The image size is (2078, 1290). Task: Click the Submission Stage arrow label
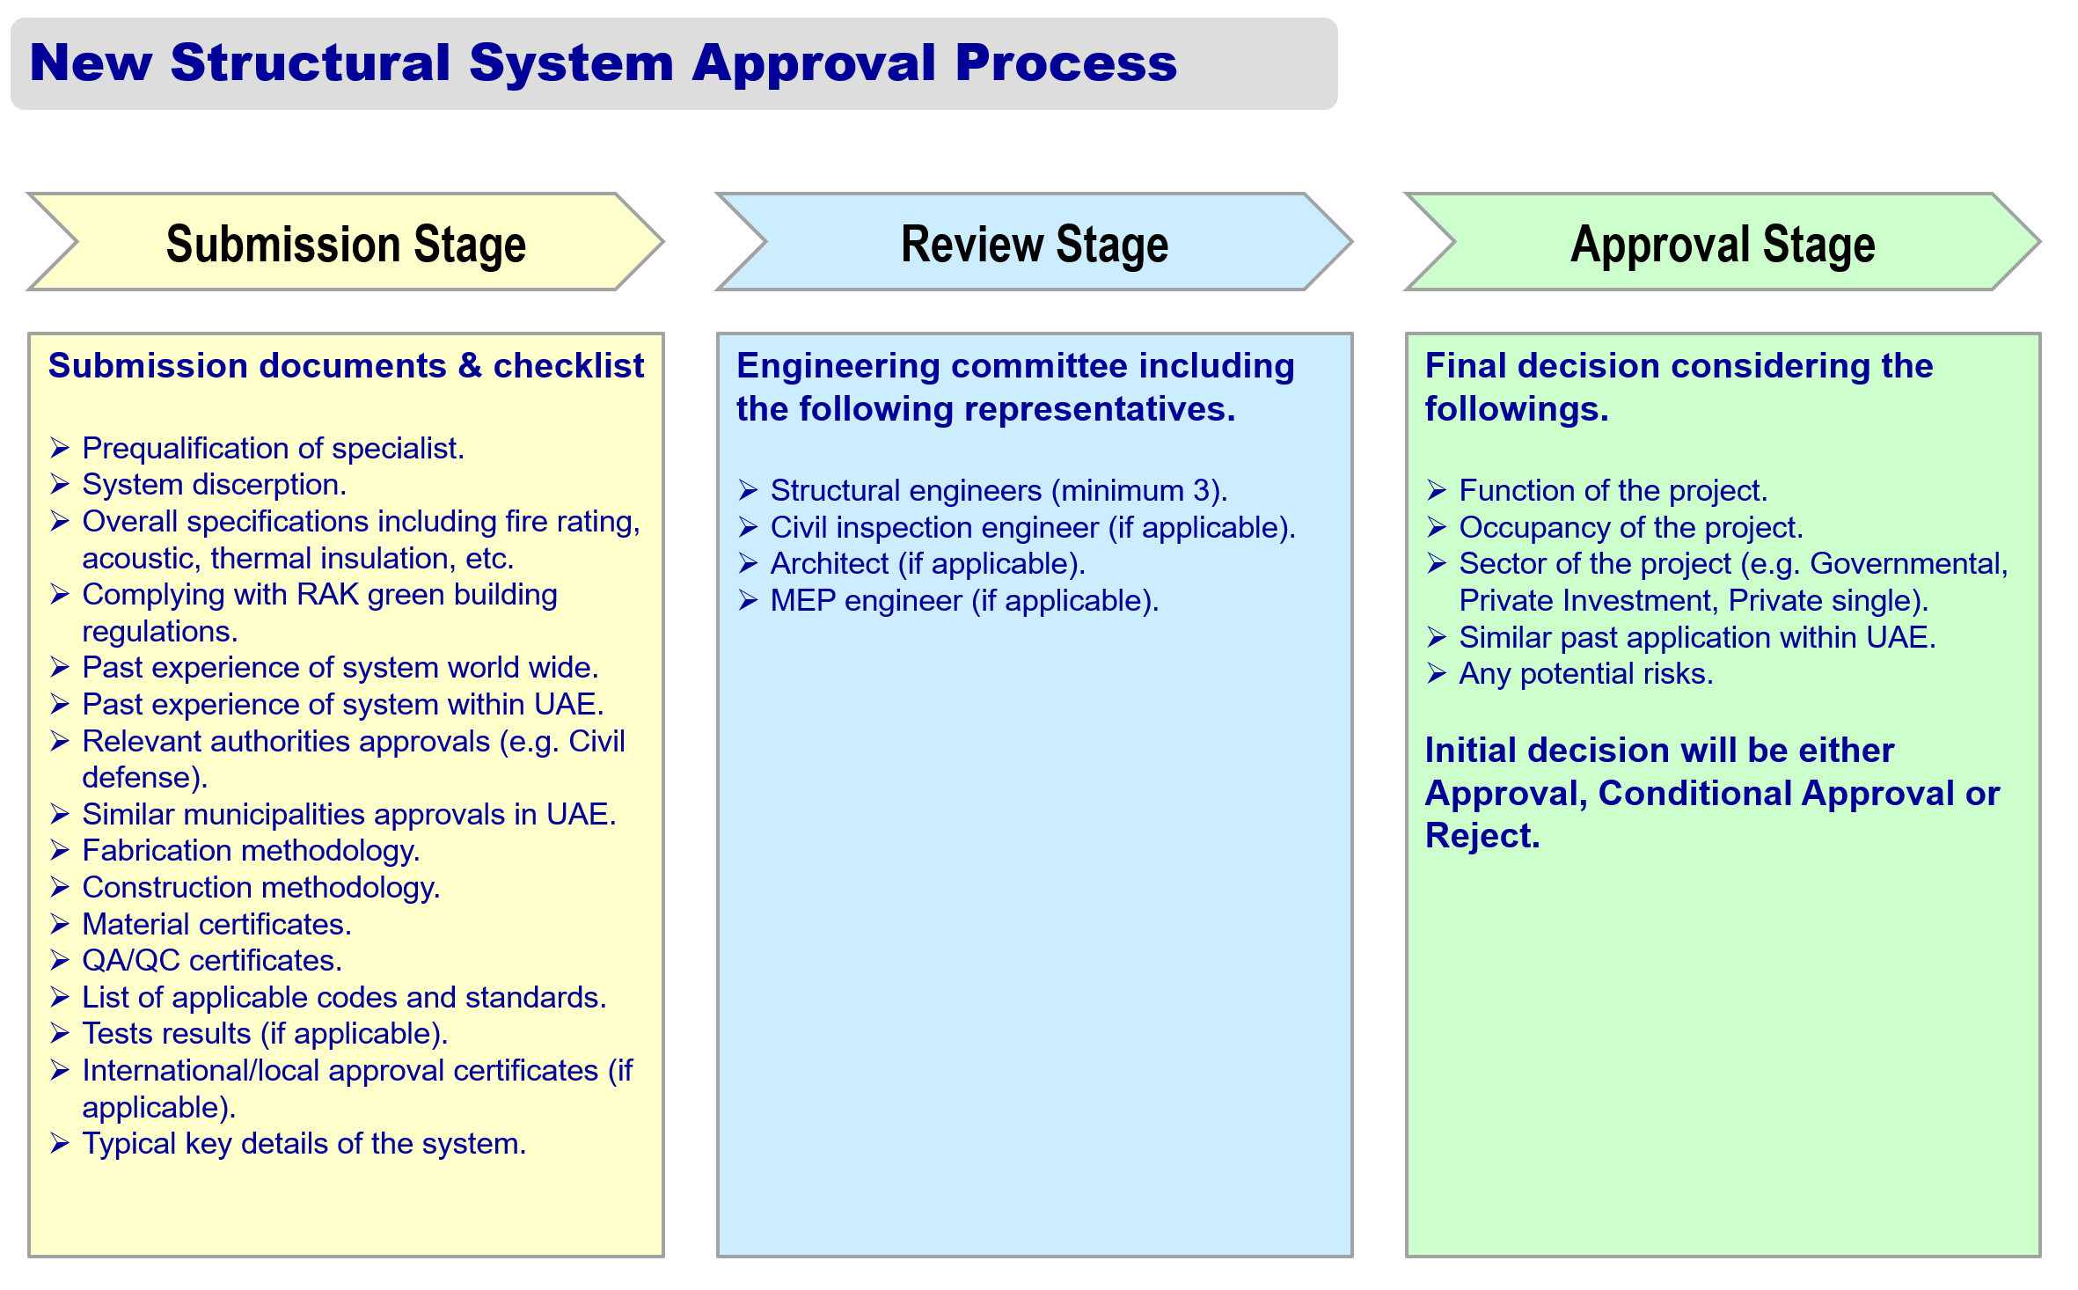(346, 244)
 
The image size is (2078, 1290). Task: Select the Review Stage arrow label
(1035, 244)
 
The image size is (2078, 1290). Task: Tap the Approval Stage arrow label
(1723, 244)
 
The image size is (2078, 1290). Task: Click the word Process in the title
(1065, 62)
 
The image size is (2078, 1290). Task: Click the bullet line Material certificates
(216, 924)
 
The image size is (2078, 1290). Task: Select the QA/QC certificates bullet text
(212, 960)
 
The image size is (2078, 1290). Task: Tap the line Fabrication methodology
(251, 851)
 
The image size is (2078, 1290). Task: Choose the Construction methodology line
(261, 888)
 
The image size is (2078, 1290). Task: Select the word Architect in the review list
(830, 564)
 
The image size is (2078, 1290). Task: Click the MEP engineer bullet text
(964, 601)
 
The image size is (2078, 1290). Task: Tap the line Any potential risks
(1586, 674)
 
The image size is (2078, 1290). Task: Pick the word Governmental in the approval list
(1908, 564)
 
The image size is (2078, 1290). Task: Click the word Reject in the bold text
(1482, 836)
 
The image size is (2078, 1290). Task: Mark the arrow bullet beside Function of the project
(1437, 490)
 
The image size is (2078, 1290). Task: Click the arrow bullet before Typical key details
(60, 1143)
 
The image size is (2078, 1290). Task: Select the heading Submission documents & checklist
(346, 366)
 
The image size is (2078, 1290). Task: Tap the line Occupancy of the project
(1631, 528)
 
